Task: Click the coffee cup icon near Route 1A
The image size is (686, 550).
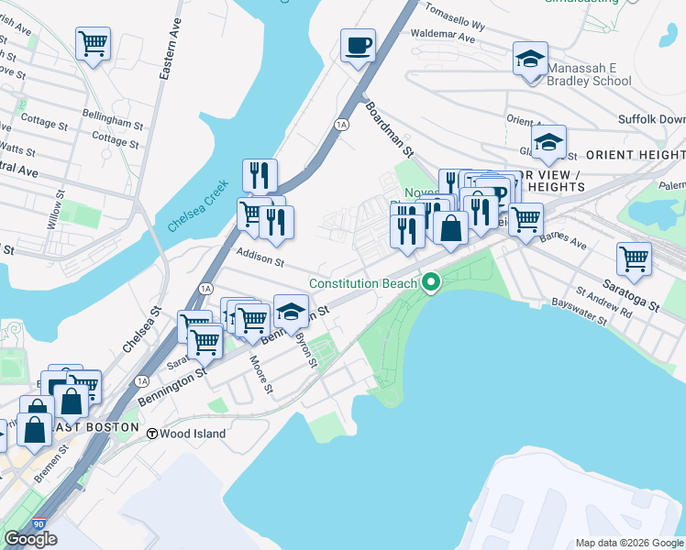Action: point(358,45)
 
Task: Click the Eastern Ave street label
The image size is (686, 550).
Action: point(167,55)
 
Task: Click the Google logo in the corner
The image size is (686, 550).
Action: point(30,539)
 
